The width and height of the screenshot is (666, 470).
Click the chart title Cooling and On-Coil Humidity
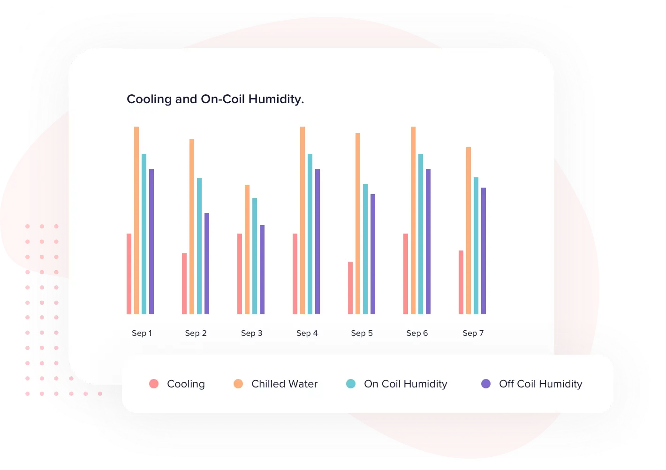[x=215, y=99]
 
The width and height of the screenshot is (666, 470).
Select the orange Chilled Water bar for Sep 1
[x=136, y=220]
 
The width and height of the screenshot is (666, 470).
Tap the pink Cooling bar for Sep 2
[x=184, y=284]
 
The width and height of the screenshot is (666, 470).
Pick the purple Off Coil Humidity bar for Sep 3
[x=262, y=270]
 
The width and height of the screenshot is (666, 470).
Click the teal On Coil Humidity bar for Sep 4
[x=310, y=234]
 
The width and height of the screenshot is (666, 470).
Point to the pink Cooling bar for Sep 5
[x=350, y=288]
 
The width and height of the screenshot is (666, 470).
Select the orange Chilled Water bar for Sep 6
[x=413, y=220]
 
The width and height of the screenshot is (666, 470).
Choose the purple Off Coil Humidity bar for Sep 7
[x=484, y=251]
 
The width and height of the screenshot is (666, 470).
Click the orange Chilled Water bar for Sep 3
[x=247, y=250]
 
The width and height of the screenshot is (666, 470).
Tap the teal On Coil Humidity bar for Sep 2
[x=199, y=246]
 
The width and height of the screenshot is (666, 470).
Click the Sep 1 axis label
[x=142, y=333]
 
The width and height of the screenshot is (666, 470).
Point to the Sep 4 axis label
[x=307, y=333]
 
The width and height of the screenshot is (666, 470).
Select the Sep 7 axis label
[x=473, y=333]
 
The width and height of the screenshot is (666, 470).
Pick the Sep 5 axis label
[x=362, y=333]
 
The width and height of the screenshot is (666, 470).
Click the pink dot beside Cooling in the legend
[x=153, y=384]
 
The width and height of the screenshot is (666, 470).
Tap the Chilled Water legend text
[x=284, y=384]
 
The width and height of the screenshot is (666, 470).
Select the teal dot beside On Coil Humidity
[x=350, y=384]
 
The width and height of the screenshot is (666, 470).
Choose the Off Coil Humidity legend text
[x=540, y=384]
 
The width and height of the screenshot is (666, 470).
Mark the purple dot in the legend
[x=486, y=384]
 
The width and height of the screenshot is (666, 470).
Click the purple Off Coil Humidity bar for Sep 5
[x=373, y=254]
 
